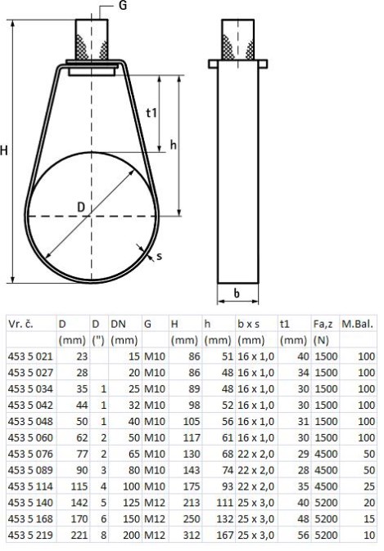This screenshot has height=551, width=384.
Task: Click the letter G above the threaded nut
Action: [x=123, y=5]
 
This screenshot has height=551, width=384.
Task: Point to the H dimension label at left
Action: [x=4, y=150]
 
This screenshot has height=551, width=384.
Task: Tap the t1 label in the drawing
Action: [x=151, y=113]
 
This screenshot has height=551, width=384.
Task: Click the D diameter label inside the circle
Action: [x=81, y=207]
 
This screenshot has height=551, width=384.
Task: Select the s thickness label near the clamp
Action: [x=160, y=256]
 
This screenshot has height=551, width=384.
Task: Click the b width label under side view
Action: [x=237, y=293]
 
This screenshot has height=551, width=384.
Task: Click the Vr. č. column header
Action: [x=20, y=324]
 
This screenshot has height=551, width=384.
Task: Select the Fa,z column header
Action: [x=323, y=324]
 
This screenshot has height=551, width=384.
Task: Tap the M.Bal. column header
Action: [x=357, y=324]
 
